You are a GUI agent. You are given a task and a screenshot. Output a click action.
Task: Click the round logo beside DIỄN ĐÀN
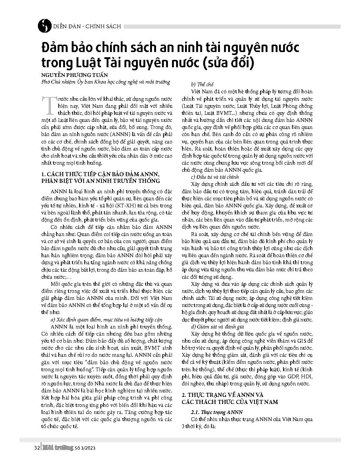point(45,26)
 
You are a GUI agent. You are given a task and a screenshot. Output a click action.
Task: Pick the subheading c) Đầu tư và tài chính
point(215,177)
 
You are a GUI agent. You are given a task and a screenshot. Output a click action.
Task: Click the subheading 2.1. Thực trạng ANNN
point(217,412)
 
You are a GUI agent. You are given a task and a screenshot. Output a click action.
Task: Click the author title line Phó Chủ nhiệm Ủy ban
point(106,82)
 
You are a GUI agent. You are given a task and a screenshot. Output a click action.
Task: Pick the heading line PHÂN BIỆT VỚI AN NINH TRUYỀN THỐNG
point(100,181)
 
